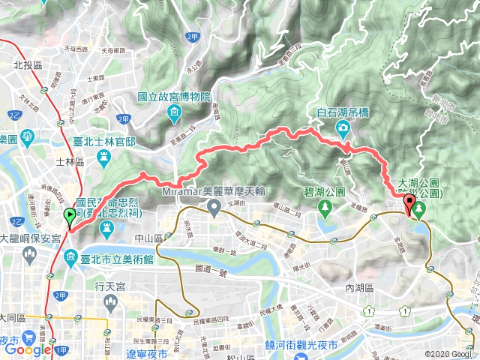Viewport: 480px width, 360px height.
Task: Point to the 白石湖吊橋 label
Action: pyautogui.click(x=343, y=112)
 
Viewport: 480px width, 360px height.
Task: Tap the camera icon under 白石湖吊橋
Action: pyautogui.click(x=343, y=127)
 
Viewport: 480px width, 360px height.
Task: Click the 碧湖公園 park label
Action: pyautogui.click(x=325, y=191)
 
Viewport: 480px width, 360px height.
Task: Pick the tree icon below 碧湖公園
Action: pyautogui.click(x=325, y=205)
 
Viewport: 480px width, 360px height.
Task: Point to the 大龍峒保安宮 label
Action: pyautogui.click(x=35, y=238)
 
